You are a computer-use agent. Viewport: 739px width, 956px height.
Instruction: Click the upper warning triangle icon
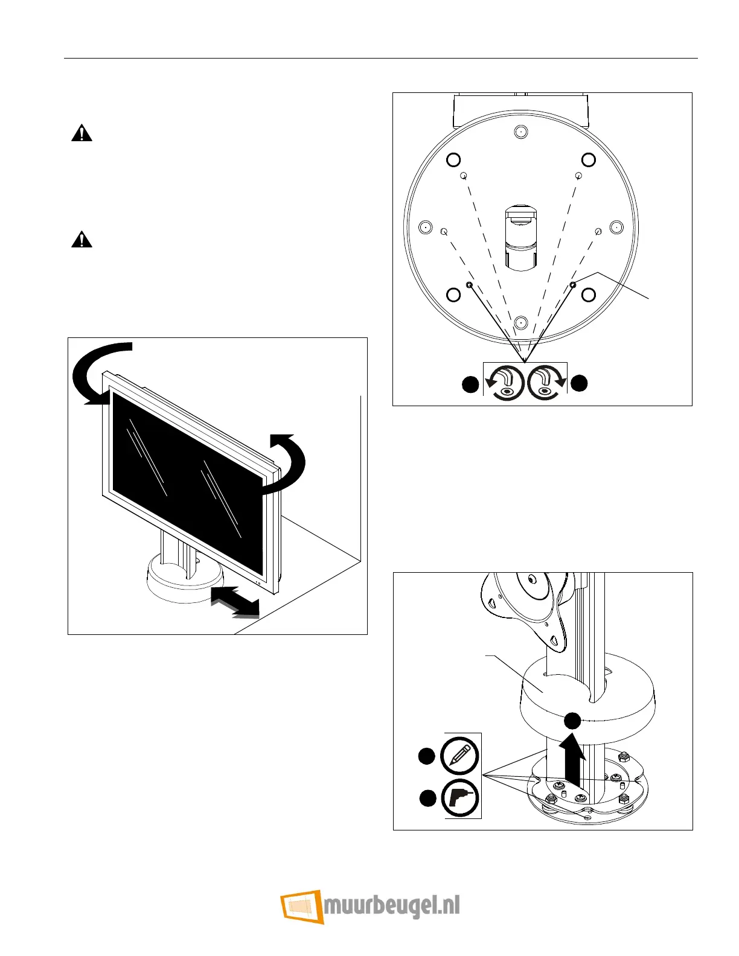pyautogui.click(x=82, y=133)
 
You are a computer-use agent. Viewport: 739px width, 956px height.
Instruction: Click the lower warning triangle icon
pyautogui.click(x=82, y=240)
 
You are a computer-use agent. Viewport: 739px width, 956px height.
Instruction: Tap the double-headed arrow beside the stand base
pyautogui.click(x=235, y=602)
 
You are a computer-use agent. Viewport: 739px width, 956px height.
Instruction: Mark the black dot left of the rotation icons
pyautogui.click(x=470, y=384)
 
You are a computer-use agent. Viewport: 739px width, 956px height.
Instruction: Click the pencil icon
pyautogui.click(x=460, y=756)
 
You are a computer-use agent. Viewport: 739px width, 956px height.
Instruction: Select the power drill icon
pyautogui.click(x=460, y=798)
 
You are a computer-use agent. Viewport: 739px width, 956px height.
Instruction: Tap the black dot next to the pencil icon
pyautogui.click(x=427, y=756)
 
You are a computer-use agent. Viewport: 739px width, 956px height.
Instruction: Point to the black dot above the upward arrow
pyautogui.click(x=572, y=720)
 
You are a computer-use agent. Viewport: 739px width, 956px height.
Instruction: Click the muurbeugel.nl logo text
pyautogui.click(x=392, y=907)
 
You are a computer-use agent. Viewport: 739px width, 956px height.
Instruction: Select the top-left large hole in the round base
pyautogui.click(x=453, y=160)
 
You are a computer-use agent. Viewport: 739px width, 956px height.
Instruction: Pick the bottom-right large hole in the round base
pyautogui.click(x=588, y=295)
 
